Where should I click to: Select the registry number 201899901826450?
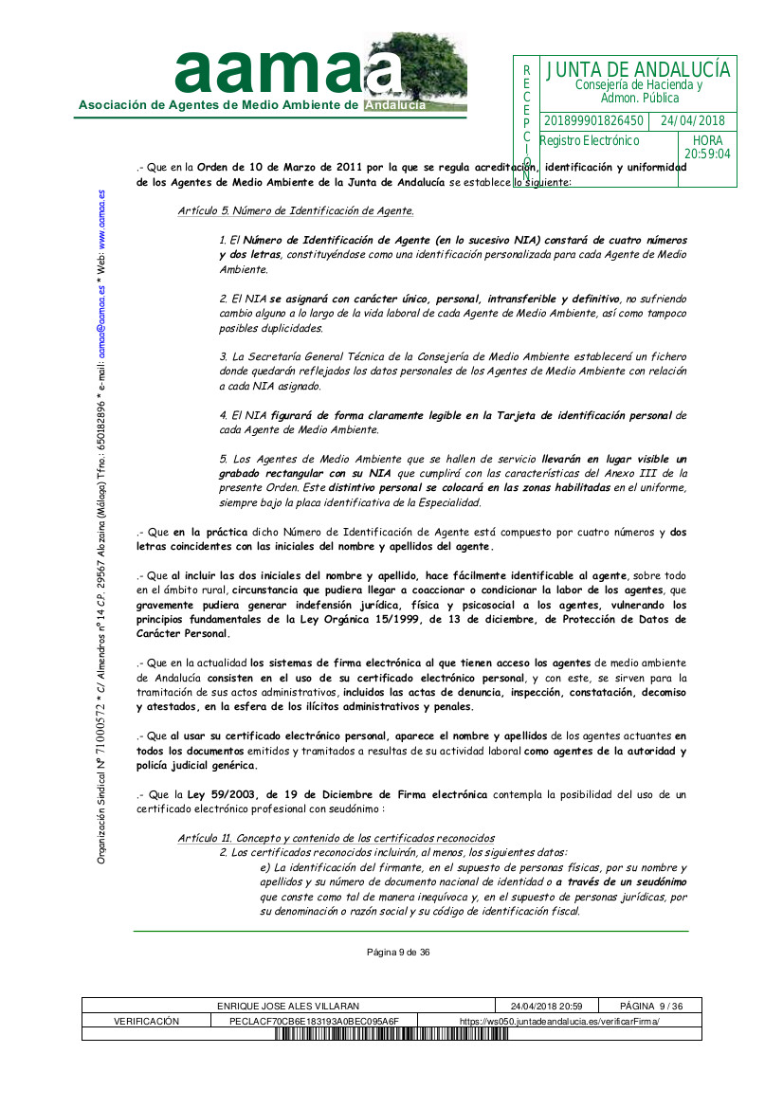pyautogui.click(x=593, y=121)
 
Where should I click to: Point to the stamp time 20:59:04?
pyautogui.click(x=707, y=154)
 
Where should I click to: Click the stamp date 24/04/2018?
pyautogui.click(x=692, y=121)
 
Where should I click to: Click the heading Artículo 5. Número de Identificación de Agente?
pyautogui.click(x=295, y=210)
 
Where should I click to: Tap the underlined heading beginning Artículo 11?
pyautogui.click(x=336, y=838)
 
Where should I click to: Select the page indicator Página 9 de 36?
pyautogui.click(x=398, y=953)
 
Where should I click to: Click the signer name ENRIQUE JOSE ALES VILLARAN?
pyautogui.click(x=288, y=1006)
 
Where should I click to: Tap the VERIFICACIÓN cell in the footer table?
pyautogui.click(x=146, y=1021)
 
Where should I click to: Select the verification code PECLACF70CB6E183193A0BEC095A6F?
pyautogui.click(x=314, y=1021)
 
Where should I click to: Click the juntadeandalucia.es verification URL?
pyautogui.click(x=559, y=1021)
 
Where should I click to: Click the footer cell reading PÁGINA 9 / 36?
pyautogui.click(x=651, y=1006)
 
